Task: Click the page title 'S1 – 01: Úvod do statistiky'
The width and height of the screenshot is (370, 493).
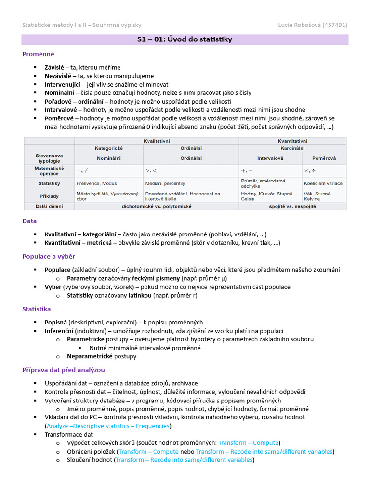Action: click(185, 39)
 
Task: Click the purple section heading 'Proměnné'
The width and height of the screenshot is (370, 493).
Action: click(38, 54)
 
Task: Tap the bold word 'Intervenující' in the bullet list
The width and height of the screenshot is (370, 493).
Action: click(63, 84)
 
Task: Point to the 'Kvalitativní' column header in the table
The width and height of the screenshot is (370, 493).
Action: click(157, 140)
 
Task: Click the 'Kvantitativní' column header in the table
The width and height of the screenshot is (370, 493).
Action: click(292, 140)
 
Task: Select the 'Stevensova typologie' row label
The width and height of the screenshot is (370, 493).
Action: click(49, 158)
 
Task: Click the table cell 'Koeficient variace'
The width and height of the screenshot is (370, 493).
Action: click(322, 183)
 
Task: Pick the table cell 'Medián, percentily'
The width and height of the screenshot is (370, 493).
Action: click(165, 183)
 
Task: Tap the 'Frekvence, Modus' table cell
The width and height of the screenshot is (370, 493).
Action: click(96, 183)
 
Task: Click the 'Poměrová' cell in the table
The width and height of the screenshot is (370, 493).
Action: click(323, 158)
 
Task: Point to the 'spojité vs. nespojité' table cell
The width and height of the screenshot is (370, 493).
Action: click(292, 206)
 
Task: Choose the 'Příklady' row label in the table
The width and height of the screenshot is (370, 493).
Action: click(49, 196)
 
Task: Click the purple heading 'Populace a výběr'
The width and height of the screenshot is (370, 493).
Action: click(48, 256)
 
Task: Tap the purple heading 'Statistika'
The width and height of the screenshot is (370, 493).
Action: click(37, 309)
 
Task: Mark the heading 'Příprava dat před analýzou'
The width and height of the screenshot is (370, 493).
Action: click(63, 370)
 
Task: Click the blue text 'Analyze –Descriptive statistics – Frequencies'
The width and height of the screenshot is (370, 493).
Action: click(108, 426)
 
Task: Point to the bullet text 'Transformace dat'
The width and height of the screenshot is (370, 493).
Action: click(65, 434)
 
